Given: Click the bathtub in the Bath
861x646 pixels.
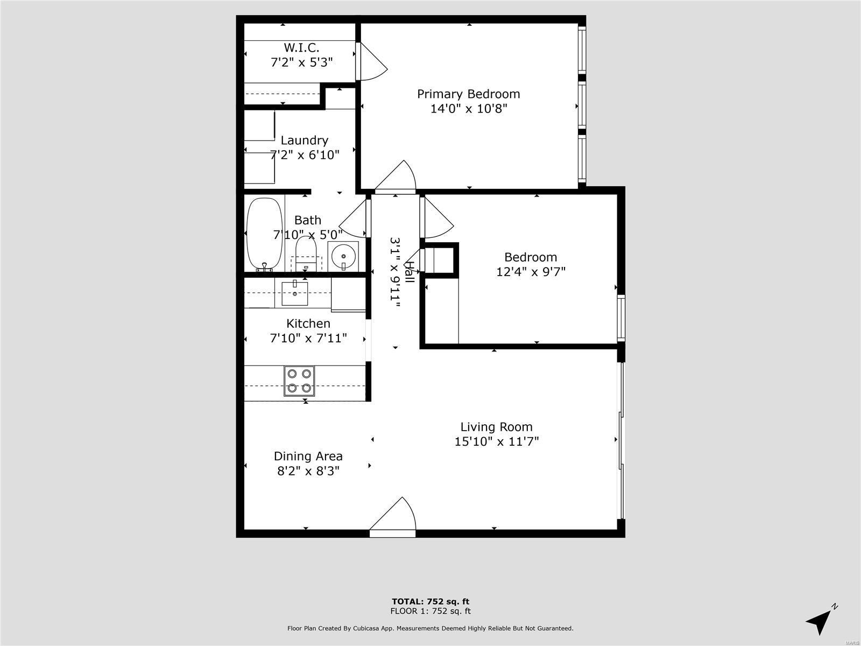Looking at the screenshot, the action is (x=264, y=234).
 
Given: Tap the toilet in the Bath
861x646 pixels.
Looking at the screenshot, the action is (x=306, y=252).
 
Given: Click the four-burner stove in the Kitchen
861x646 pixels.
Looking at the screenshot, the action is (x=299, y=381).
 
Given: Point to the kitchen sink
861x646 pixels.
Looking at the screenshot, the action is (x=294, y=293).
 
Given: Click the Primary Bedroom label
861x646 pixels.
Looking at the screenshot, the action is (x=468, y=94).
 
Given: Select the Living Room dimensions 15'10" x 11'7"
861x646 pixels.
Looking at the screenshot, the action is (x=497, y=442).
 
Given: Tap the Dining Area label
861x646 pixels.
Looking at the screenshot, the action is (x=308, y=456).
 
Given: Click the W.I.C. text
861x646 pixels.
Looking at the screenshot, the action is (x=301, y=48).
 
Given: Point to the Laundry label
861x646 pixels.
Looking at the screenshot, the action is (x=305, y=141).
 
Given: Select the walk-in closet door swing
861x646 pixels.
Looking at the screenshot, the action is (x=372, y=61).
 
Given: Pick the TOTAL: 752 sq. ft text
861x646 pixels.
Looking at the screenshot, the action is (x=430, y=601).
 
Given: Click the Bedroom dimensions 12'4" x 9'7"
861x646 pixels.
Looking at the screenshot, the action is (x=531, y=272).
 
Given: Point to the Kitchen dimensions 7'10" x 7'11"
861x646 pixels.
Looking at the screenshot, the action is (x=308, y=338).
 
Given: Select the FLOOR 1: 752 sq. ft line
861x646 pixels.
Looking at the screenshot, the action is (x=430, y=610).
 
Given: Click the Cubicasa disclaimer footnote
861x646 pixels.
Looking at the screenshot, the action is (x=430, y=628).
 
